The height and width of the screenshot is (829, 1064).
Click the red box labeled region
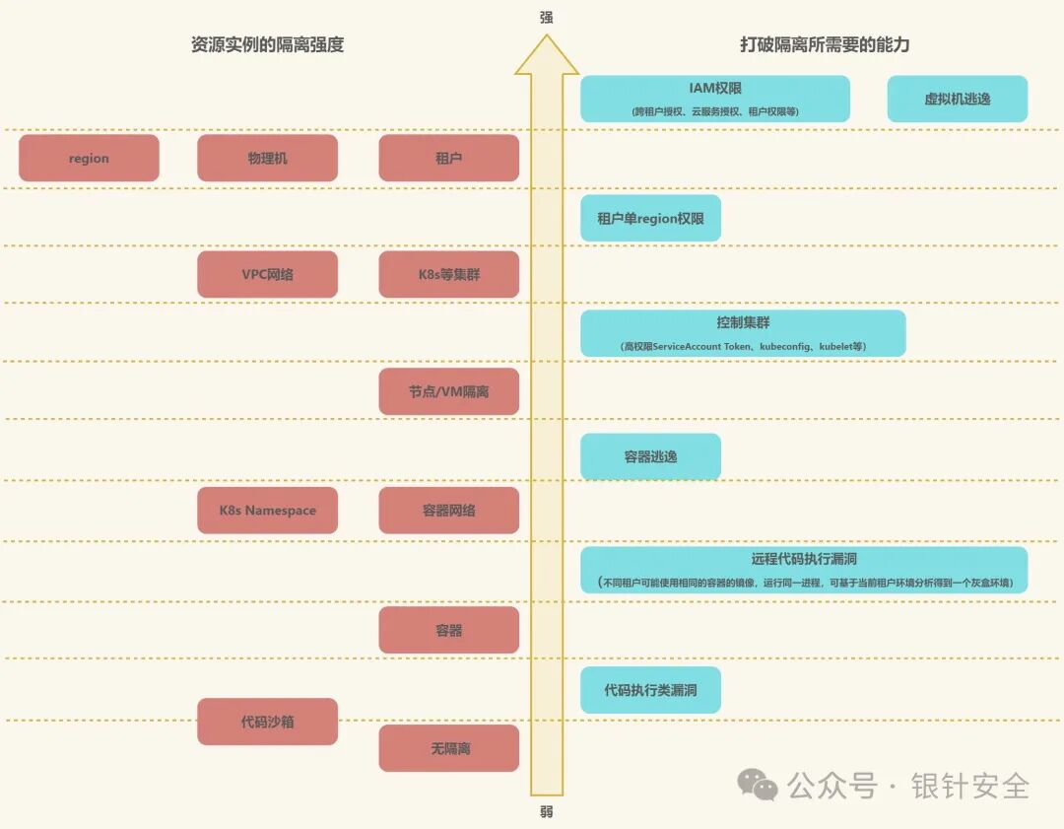click(89, 158)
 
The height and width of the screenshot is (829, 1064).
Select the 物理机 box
click(267, 158)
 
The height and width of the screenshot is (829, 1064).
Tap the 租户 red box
click(448, 158)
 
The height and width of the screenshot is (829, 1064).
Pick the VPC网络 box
click(267, 274)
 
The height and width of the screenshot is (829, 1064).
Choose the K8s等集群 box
click(448, 274)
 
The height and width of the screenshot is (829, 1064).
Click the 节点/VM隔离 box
click(448, 391)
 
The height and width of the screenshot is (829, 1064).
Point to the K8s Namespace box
click(267, 511)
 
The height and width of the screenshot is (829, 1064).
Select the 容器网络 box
click(448, 511)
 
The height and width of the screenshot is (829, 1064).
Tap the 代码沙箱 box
click(267, 722)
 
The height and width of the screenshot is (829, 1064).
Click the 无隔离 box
click(448, 748)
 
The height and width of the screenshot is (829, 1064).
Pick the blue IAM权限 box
click(714, 99)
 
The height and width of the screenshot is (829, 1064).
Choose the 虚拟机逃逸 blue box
click(957, 99)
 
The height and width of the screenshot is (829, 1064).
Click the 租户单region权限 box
click(650, 218)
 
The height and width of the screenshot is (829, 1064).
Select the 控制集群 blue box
click(743, 333)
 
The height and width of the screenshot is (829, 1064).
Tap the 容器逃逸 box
click(650, 456)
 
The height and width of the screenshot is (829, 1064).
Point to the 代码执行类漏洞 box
click(650, 690)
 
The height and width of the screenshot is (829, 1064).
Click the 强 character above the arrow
click(547, 18)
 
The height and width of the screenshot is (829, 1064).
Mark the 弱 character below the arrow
click(547, 811)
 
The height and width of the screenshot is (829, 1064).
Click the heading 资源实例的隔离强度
click(267, 44)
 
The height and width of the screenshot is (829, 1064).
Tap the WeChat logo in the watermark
click(759, 785)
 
